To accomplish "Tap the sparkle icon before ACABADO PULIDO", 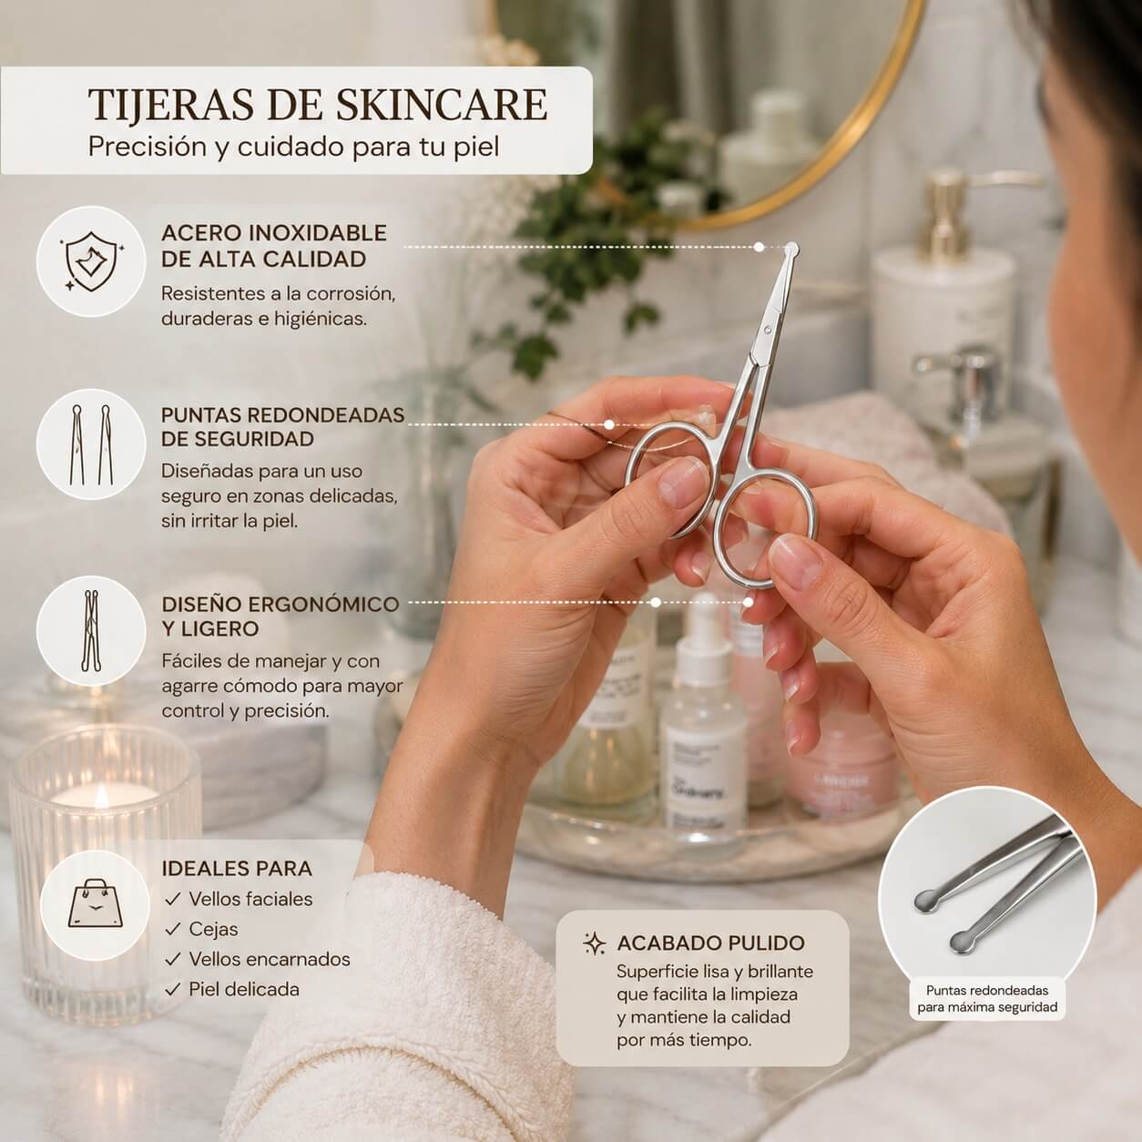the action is tap(595, 943).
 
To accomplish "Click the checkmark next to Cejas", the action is tap(172, 929).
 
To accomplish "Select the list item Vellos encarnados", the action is tap(270, 959).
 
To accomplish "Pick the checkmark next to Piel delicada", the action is tap(172, 989).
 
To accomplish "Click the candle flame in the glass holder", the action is tap(102, 797).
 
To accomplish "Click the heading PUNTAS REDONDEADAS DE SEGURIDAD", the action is tap(282, 427).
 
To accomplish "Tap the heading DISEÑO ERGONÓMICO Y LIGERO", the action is tap(280, 617).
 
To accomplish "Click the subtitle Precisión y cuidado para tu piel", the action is tap(293, 148).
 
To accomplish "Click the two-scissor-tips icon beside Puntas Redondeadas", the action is tap(91, 444).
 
